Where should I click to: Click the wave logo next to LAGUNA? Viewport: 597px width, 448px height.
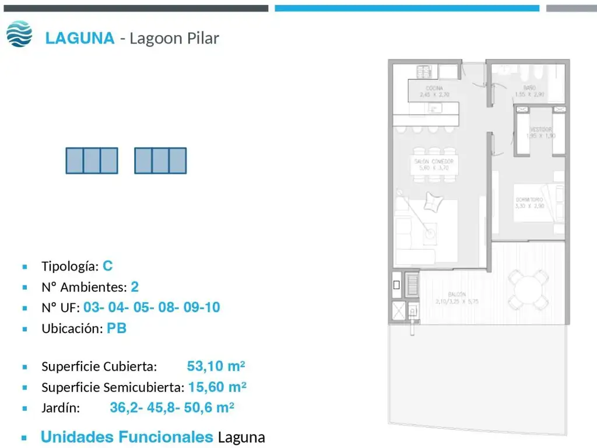click(19, 34)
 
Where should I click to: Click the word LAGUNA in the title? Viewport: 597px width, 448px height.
click(80, 38)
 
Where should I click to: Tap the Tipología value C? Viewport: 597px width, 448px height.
click(108, 266)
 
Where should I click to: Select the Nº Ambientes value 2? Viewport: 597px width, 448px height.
click(135, 287)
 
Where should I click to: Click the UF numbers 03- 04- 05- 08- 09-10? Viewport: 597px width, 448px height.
click(152, 307)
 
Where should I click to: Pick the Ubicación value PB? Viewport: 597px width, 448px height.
click(117, 328)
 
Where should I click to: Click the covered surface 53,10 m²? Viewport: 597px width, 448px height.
click(216, 366)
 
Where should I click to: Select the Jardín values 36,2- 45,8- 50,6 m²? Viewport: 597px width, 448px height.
click(172, 408)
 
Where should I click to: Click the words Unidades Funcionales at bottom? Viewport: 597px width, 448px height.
click(127, 436)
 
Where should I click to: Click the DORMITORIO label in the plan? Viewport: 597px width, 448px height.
click(530, 202)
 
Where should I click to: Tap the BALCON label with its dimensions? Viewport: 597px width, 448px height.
click(456, 298)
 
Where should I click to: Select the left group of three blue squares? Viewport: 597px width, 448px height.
click(92, 160)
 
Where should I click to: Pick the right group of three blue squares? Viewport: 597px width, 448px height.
click(160, 160)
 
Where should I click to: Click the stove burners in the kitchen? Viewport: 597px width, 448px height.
click(423, 72)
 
